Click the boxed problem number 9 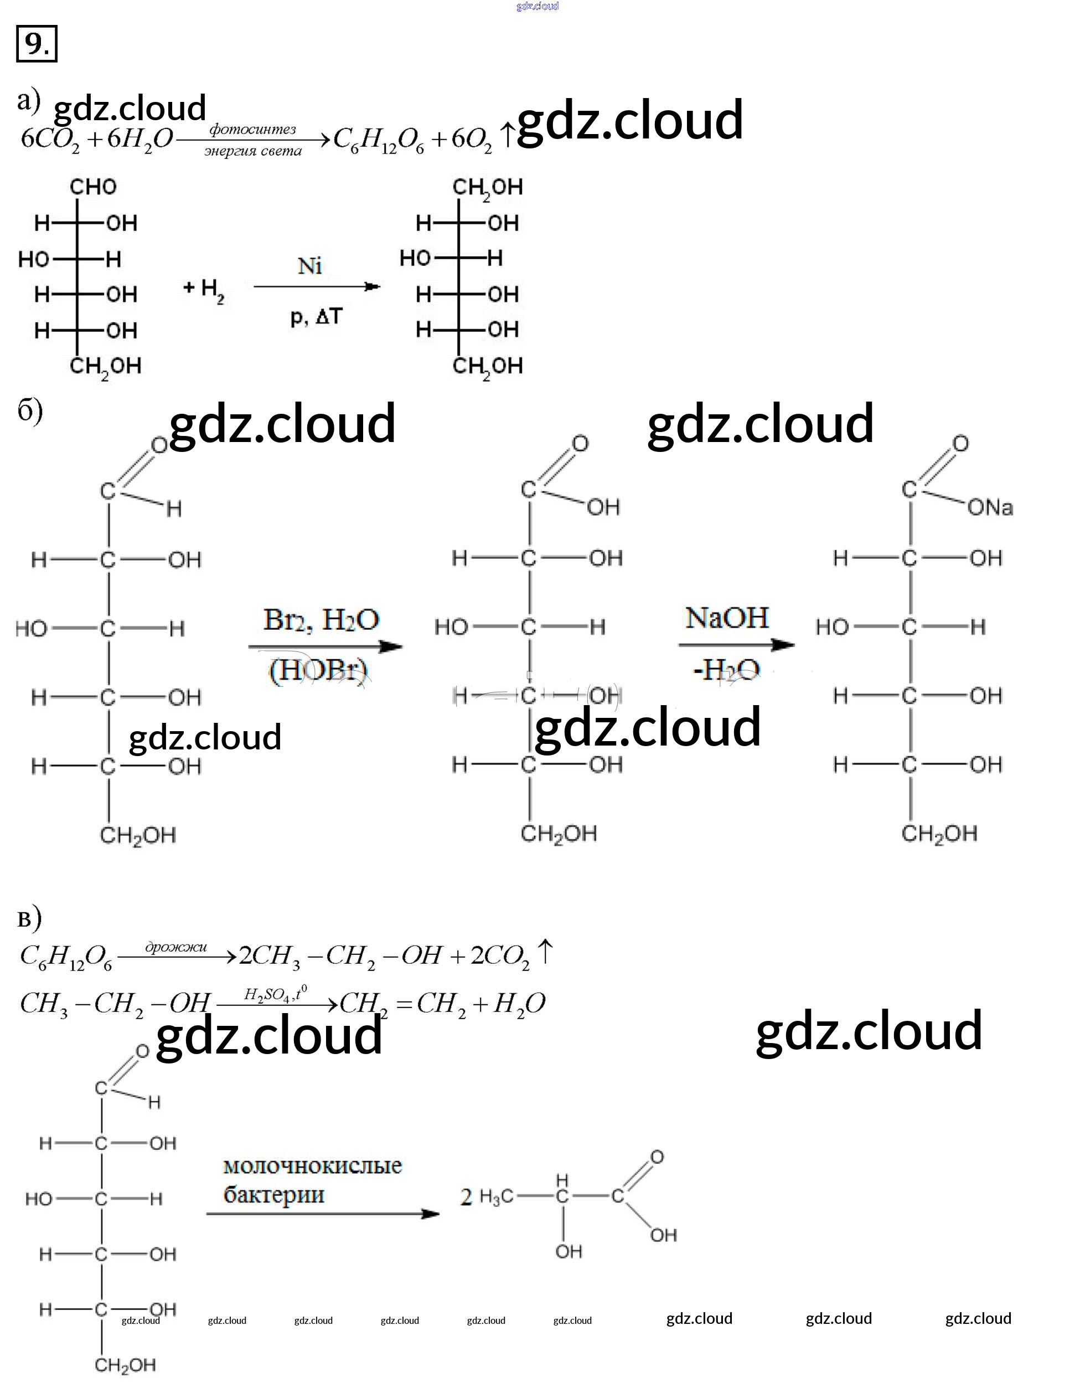click(36, 44)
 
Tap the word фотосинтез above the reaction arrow click(252, 129)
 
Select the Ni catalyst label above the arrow click(310, 266)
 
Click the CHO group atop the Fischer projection click(93, 187)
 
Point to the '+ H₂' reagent click(204, 290)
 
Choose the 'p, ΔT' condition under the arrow click(316, 316)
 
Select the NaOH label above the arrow click(727, 618)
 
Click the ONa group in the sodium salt click(990, 507)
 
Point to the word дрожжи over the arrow click(176, 947)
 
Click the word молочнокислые click(312, 1165)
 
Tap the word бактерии click(274, 1195)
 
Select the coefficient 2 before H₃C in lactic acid click(466, 1196)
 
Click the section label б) click(30, 412)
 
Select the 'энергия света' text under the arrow click(253, 151)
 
